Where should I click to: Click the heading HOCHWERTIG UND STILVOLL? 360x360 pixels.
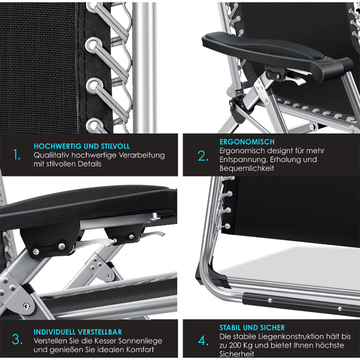coord(82,146)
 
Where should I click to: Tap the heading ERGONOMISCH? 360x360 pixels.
coord(247,142)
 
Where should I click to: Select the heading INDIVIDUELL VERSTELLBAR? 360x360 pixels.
coord(78,332)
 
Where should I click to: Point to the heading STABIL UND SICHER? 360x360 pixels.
coord(252,328)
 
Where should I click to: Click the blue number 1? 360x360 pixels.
coord(17,154)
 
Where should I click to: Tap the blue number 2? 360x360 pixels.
coord(203,156)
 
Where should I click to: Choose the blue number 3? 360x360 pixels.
coord(17,340)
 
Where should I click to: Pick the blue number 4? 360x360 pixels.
coord(203,341)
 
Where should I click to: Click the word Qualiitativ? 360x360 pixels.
coord(51,155)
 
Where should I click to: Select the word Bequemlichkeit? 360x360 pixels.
coord(247,168)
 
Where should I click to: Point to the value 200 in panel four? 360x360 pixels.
coord(238,345)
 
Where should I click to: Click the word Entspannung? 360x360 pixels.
coord(243,160)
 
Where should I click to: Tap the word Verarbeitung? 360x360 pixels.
coord(142,155)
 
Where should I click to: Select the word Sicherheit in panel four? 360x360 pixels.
coord(237,354)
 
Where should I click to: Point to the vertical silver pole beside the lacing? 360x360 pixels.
coord(144,68)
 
